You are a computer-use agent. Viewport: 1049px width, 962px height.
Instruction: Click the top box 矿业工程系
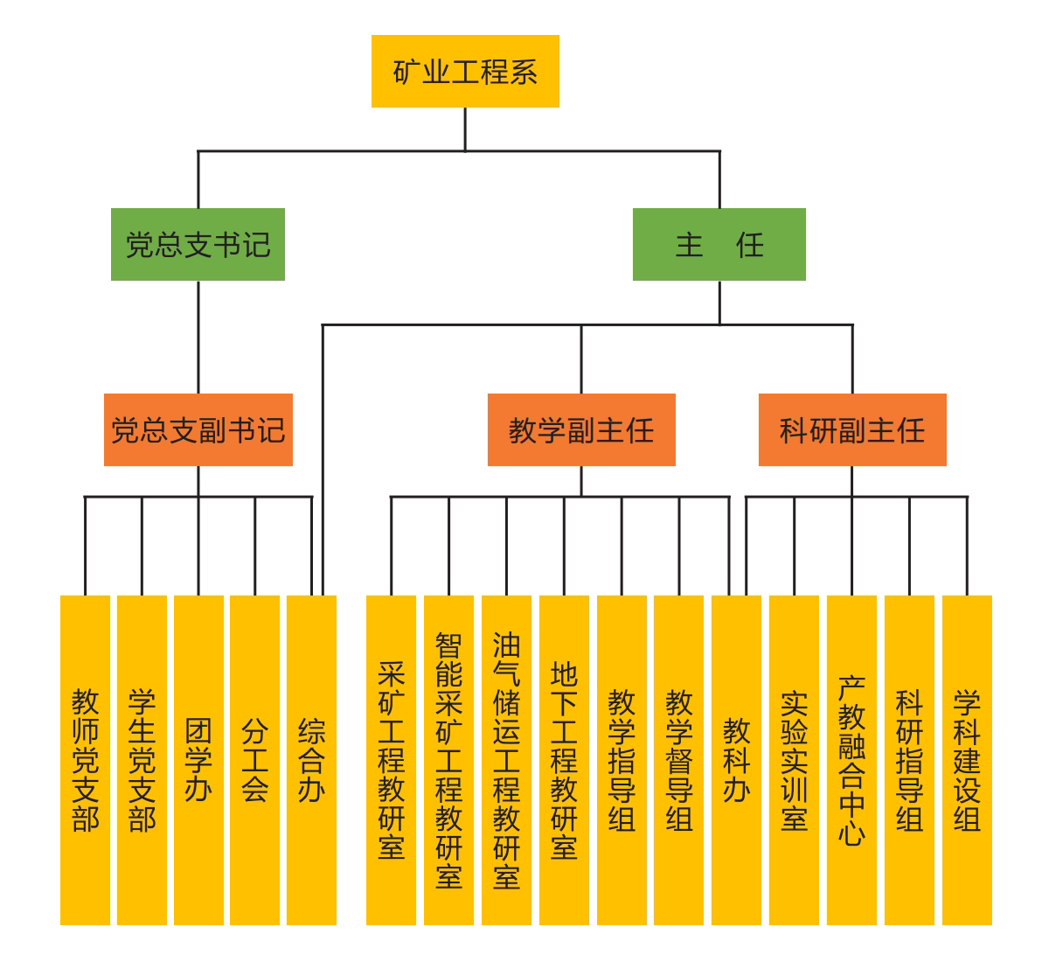[x=465, y=72]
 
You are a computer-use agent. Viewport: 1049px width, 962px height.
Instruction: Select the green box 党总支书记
[x=198, y=245]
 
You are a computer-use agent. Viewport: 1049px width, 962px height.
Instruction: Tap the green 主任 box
[x=719, y=245]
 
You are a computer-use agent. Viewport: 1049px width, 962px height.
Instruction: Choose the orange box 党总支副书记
[x=198, y=430]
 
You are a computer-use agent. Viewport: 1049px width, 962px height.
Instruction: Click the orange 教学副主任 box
[x=581, y=430]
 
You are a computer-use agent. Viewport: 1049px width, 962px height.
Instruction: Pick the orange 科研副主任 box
[x=852, y=430]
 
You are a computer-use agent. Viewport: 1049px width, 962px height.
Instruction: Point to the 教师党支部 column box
[x=85, y=759]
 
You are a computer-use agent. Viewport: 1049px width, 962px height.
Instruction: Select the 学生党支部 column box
[x=142, y=759]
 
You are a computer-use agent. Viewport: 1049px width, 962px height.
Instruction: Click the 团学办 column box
[x=198, y=759]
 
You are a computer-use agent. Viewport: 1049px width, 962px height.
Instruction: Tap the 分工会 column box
[x=254, y=759]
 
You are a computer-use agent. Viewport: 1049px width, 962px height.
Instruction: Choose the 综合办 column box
[x=311, y=759]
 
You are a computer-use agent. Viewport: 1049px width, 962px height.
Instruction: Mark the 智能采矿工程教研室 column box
[x=448, y=759]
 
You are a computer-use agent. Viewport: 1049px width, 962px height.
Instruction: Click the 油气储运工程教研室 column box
[x=506, y=759]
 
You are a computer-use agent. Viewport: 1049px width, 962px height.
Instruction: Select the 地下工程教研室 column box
[x=564, y=759]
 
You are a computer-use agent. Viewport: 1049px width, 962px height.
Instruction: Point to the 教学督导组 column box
[x=678, y=759]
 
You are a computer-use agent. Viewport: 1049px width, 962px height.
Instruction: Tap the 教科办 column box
[x=736, y=759]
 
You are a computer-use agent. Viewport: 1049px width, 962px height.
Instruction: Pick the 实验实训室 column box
[x=794, y=759]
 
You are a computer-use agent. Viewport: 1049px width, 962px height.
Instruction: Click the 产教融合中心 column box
[x=851, y=759]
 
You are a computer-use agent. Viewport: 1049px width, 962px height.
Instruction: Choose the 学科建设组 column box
[x=967, y=759]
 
